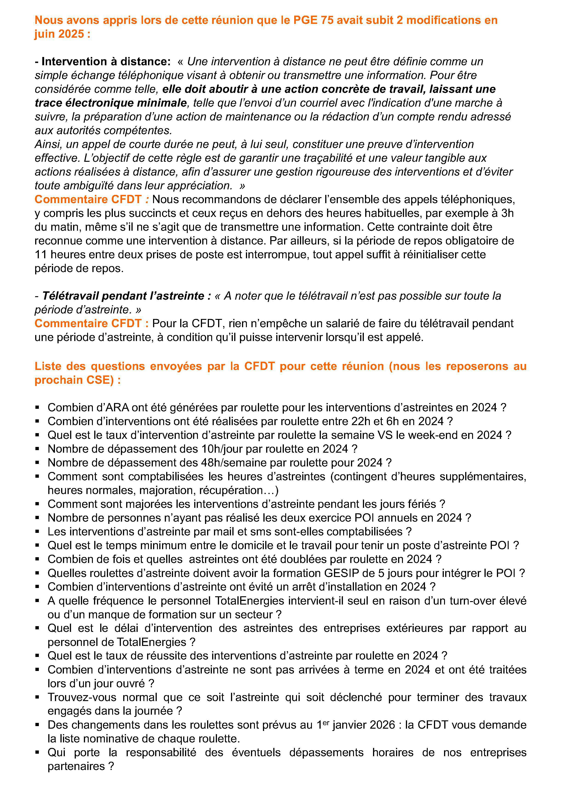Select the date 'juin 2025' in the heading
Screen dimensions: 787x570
coord(59,34)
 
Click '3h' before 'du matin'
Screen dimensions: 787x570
coord(507,213)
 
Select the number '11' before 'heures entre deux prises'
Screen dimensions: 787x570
coord(41,254)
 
